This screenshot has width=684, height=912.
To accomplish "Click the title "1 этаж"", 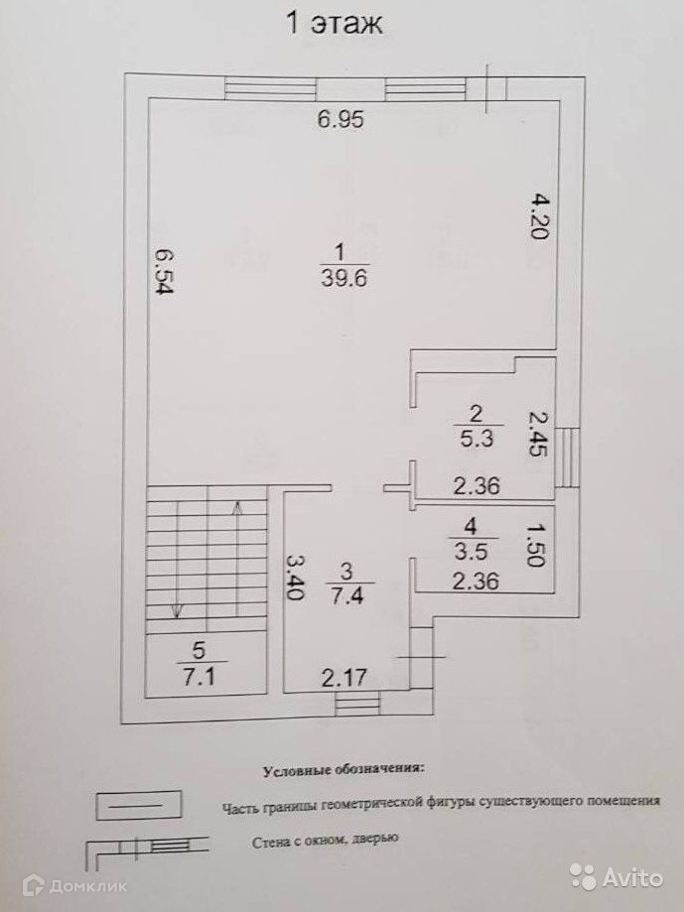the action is coord(334,24).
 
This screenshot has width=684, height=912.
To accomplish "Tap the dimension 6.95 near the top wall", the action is coord(342,120).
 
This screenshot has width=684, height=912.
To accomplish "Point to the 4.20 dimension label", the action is coord(536,216).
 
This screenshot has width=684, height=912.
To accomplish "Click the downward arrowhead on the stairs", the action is coord(177,609).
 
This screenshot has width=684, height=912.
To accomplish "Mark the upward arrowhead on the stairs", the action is coord(237,507).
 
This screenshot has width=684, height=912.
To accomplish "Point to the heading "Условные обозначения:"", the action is coord(342,769).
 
